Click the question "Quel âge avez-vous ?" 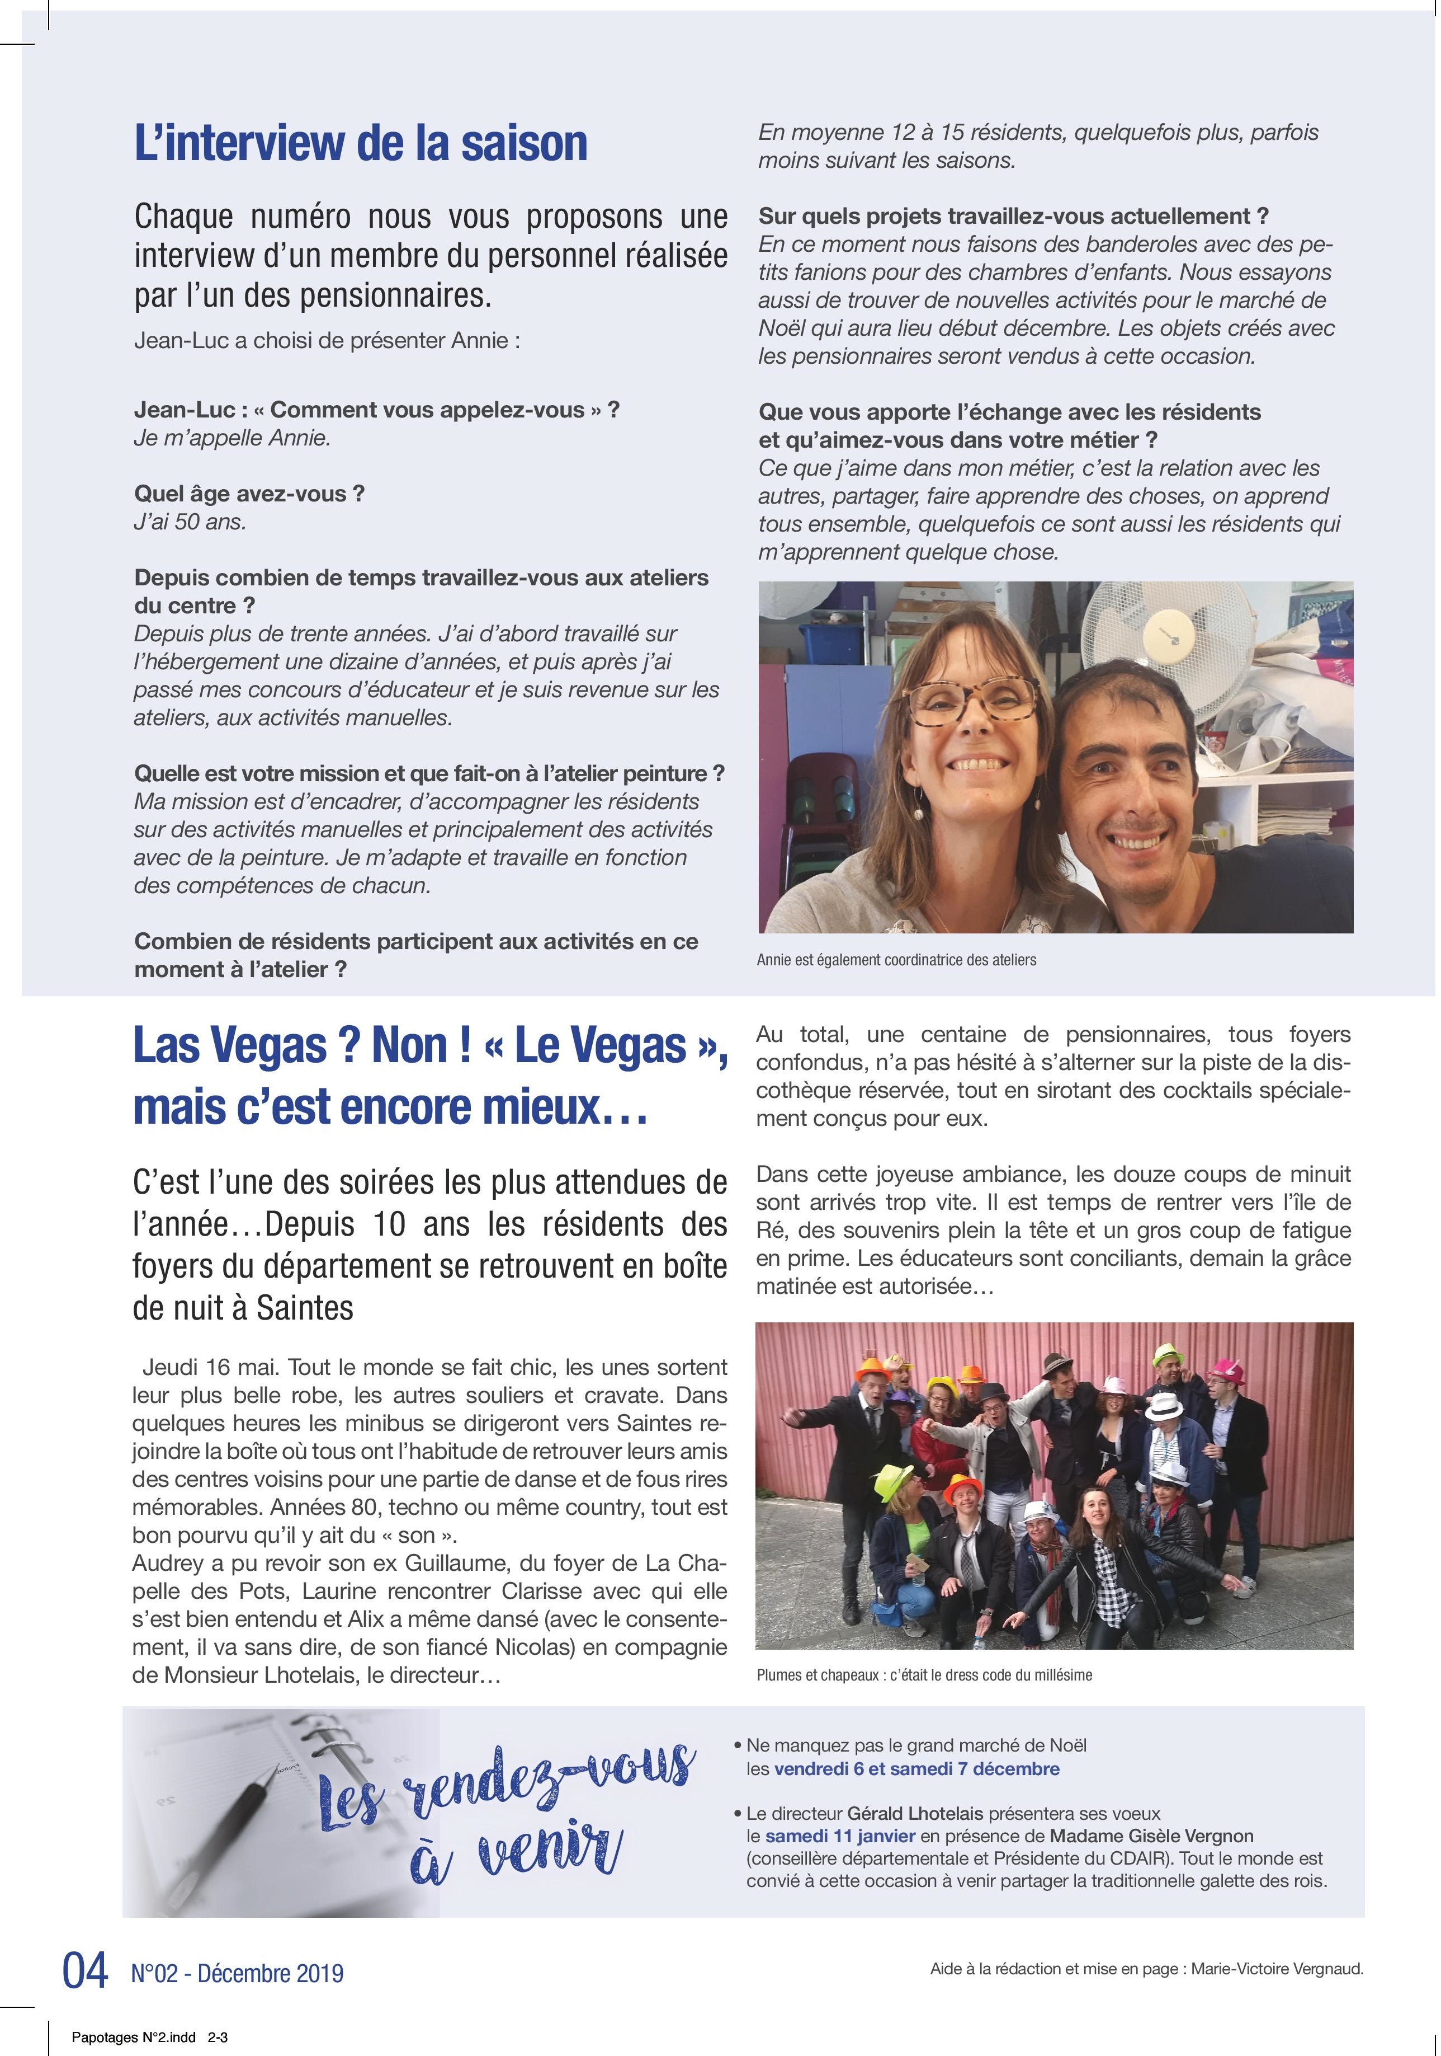coord(249,494)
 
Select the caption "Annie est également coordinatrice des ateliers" coord(896,960)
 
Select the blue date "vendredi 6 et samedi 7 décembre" coord(916,1768)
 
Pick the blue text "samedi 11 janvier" coord(839,1836)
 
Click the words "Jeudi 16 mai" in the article coord(186,1367)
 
